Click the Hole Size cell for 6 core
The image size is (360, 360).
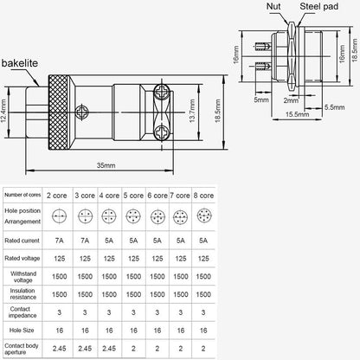click(x=156, y=330)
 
